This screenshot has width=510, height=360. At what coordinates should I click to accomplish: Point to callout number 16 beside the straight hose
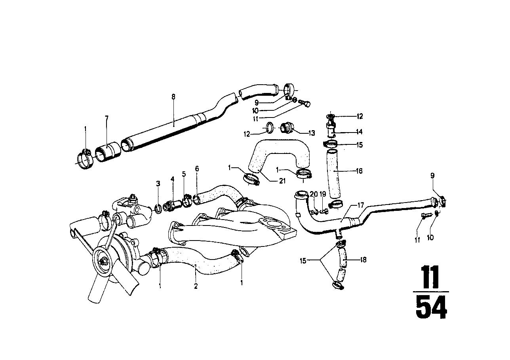pyautogui.click(x=360, y=171)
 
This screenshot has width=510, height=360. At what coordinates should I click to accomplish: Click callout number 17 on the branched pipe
pyautogui.click(x=360, y=205)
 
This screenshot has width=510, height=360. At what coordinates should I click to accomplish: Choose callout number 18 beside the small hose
pyautogui.click(x=363, y=260)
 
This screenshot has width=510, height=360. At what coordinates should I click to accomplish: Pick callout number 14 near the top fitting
pyautogui.click(x=359, y=132)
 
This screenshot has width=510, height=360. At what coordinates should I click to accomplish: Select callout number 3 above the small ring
pyautogui.click(x=158, y=184)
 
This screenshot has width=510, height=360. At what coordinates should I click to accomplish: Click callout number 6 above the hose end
pyautogui.click(x=197, y=169)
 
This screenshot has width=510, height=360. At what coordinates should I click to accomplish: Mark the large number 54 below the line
pyautogui.click(x=431, y=307)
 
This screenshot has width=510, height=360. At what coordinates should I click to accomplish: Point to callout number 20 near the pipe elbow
pyautogui.click(x=314, y=194)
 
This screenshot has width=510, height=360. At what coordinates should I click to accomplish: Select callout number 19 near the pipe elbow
pyautogui.click(x=323, y=194)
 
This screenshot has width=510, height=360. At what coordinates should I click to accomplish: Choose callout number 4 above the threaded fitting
pyautogui.click(x=172, y=179)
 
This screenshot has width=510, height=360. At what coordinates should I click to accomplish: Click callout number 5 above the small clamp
pyautogui.click(x=184, y=174)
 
